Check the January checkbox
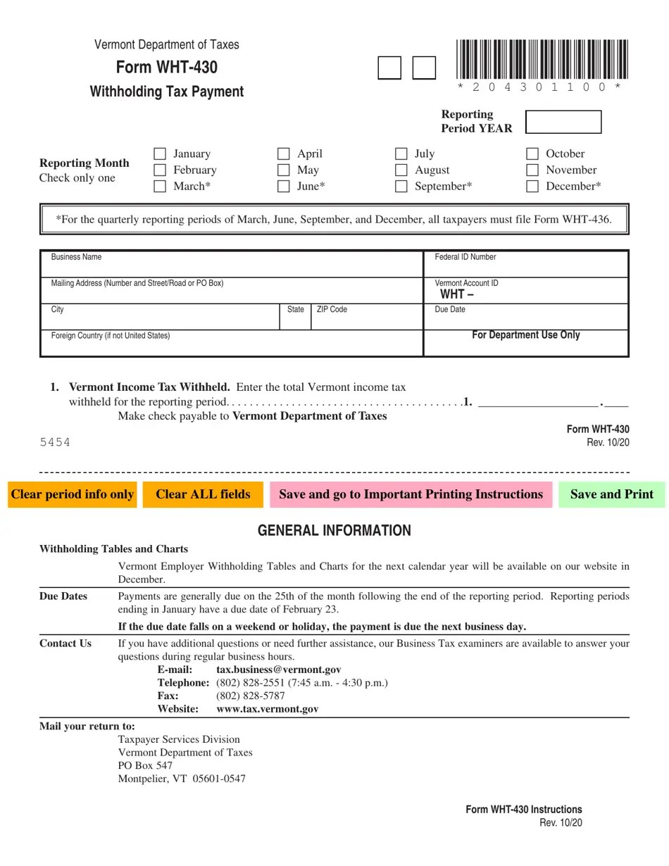pos(160,153)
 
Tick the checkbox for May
pos(284,170)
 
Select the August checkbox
pos(401,170)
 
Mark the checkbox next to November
pos(532,170)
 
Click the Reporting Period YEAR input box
pos(563,122)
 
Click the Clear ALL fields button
pos(203,494)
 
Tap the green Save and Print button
pos(611,494)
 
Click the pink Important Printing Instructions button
pos(411,494)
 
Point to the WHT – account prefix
pos(457,294)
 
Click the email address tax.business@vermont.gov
pos(278,670)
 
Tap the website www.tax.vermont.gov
pos(267,709)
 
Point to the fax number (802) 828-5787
pos(250,696)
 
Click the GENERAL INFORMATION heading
pos(334,531)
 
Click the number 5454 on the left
pos(55,442)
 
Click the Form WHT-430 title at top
pos(167,68)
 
